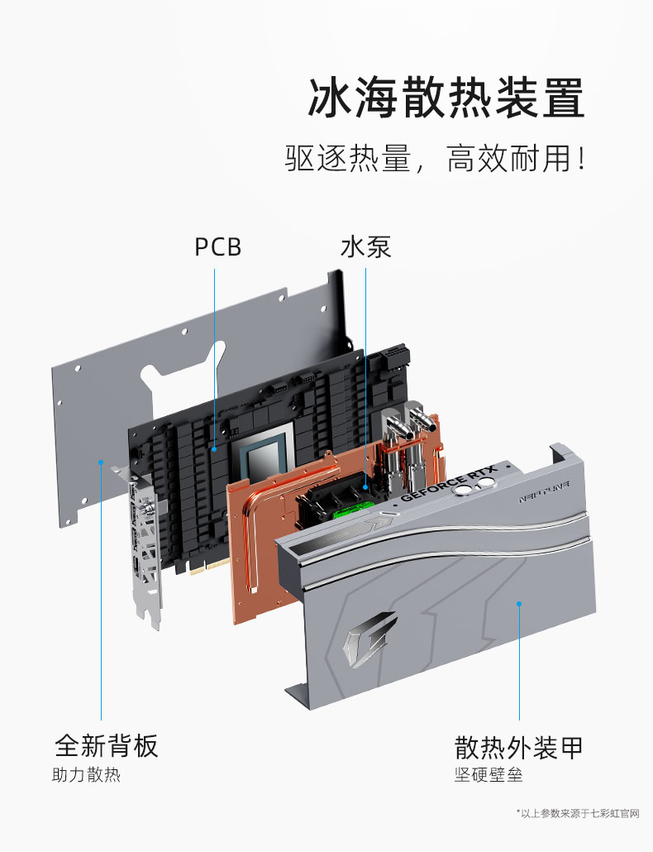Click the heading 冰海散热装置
(x=446, y=98)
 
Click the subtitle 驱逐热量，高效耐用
(x=435, y=158)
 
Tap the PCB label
(x=217, y=247)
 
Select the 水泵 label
(x=365, y=247)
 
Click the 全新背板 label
(x=107, y=745)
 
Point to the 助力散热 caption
(x=86, y=774)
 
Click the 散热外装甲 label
(x=518, y=747)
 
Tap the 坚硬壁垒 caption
(x=489, y=774)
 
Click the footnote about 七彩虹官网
(x=578, y=813)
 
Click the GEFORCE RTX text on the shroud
(x=449, y=484)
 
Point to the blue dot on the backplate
(x=101, y=462)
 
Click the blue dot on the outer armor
(x=519, y=603)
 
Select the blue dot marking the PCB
(x=214, y=449)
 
